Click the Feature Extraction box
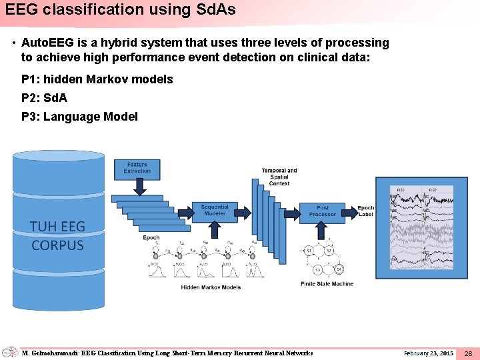coord(137,168)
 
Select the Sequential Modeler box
coord(214,210)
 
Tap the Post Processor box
coord(323,211)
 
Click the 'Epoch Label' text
coord(366,211)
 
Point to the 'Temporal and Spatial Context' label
coord(279,177)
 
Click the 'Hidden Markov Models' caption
coord(211,287)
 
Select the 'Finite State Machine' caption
coord(327,284)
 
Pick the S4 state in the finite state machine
coord(339,269)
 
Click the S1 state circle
coord(309,251)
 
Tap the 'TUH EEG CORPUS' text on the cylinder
coord(58,236)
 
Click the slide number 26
coord(468,353)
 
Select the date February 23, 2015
coord(429,353)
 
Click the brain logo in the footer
coord(9,352)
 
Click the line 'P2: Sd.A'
coord(44,98)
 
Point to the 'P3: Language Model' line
coord(79,117)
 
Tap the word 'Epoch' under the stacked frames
coord(151,238)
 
